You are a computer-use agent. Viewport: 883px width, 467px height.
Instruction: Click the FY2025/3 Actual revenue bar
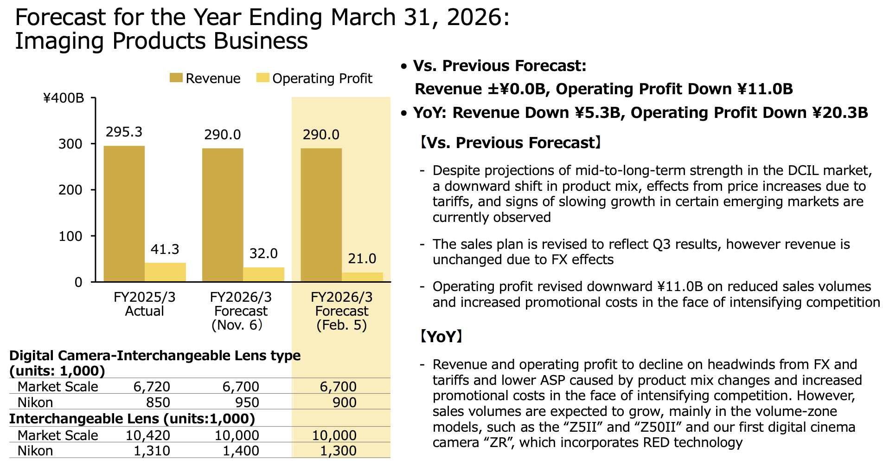tap(124, 214)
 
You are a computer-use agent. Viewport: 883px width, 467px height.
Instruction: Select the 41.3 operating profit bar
tap(165, 272)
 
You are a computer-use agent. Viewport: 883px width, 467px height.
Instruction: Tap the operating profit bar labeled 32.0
tap(263, 274)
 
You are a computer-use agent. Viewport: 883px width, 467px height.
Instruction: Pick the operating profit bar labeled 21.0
tap(362, 277)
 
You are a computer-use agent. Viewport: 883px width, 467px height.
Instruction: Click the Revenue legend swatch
tap(176, 78)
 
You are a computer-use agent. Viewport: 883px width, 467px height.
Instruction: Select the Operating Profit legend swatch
tap(262, 78)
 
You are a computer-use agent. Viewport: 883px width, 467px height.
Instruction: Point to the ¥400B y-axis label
tap(64, 98)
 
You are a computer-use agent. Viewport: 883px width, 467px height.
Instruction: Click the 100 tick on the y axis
tap(70, 236)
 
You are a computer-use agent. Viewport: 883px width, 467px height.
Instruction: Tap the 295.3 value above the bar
tap(124, 132)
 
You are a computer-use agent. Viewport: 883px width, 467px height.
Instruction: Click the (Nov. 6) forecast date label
tap(237, 325)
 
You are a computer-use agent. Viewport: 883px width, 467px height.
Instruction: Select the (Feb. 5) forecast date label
tap(341, 325)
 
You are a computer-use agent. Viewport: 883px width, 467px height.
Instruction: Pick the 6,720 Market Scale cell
tap(152, 387)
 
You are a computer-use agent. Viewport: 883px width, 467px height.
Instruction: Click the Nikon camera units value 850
tap(158, 402)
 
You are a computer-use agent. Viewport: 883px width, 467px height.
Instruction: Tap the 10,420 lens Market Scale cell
tap(148, 435)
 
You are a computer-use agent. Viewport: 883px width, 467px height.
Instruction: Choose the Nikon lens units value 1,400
tap(241, 451)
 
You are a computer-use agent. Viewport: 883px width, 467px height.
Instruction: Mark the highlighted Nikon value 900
tap(345, 402)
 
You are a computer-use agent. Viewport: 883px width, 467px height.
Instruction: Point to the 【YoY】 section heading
tap(441, 337)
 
